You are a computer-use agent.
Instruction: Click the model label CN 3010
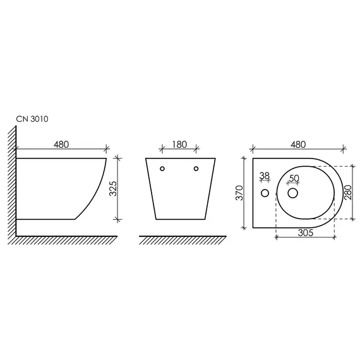click(x=32, y=119)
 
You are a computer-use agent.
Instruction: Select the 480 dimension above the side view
click(x=61, y=145)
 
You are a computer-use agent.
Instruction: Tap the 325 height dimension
click(x=113, y=189)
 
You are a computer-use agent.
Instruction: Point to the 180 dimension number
click(x=179, y=145)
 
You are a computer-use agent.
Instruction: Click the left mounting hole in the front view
click(x=162, y=169)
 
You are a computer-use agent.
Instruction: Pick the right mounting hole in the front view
click(x=196, y=169)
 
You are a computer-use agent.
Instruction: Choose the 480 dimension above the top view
click(x=298, y=145)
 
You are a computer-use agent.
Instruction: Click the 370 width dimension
click(x=239, y=193)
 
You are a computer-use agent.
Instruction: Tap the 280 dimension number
click(x=348, y=193)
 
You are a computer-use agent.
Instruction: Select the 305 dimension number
click(x=306, y=233)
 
